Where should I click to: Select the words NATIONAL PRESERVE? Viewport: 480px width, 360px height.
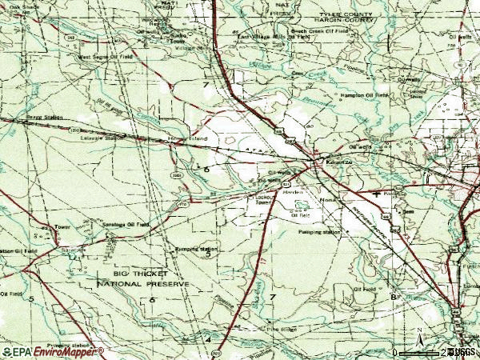point(143,284)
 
